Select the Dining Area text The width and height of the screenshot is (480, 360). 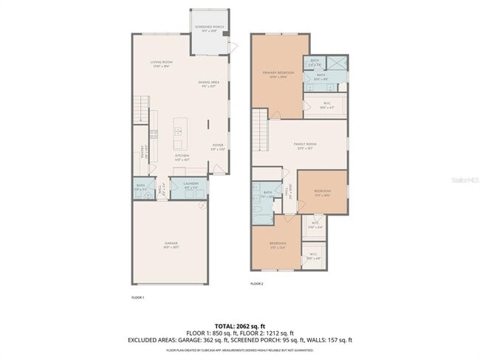click(x=209, y=83)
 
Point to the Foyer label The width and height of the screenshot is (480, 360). click(x=218, y=146)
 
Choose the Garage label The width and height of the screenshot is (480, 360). click(x=171, y=244)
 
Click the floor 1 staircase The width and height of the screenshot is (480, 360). click(x=141, y=108)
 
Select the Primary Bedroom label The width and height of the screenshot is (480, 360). click(x=278, y=73)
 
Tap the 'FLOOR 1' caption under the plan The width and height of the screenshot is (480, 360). click(x=137, y=297)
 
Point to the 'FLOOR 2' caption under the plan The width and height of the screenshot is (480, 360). click(x=256, y=284)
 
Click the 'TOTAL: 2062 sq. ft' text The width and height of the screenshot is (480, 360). click(x=240, y=325)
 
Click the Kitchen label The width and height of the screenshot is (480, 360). click(x=182, y=156)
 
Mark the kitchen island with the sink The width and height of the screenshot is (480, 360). click(x=178, y=134)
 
